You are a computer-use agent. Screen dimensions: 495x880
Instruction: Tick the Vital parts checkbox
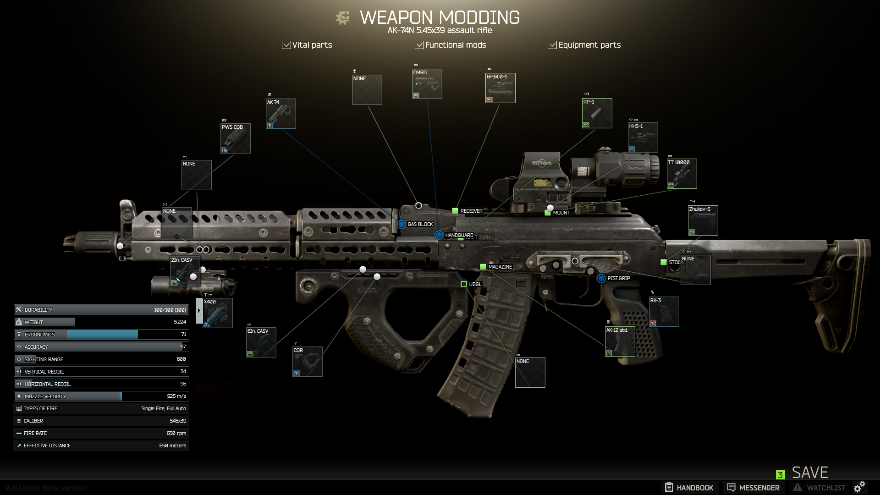[x=286, y=45]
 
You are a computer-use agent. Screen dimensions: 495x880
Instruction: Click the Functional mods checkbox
[x=419, y=45]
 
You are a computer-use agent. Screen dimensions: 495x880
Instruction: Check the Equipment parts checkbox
[x=552, y=45]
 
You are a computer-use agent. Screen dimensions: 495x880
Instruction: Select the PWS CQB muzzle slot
[x=235, y=138]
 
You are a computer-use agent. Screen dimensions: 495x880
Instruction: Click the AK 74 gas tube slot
[x=280, y=114]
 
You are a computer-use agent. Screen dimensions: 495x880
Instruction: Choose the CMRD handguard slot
[x=427, y=84]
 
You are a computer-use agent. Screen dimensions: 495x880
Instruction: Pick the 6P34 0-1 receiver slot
[x=500, y=88]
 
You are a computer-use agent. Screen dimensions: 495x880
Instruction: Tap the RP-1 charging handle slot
[x=597, y=113]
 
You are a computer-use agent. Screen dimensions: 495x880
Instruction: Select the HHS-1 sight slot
[x=643, y=137]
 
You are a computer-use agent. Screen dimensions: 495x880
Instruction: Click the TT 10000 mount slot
[x=682, y=174]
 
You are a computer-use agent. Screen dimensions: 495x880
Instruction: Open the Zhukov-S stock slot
[x=703, y=220]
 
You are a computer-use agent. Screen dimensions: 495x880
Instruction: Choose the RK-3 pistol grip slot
[x=664, y=312]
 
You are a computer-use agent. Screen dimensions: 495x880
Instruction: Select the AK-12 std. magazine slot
[x=620, y=341]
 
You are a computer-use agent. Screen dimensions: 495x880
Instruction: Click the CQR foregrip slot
[x=307, y=362]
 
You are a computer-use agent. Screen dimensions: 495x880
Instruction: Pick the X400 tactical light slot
[x=217, y=313]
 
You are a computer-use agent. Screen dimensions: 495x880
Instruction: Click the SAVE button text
[x=810, y=473]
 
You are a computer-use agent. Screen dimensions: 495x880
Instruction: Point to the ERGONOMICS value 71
[x=183, y=335]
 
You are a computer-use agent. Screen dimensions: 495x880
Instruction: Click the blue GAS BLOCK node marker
[x=401, y=224]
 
